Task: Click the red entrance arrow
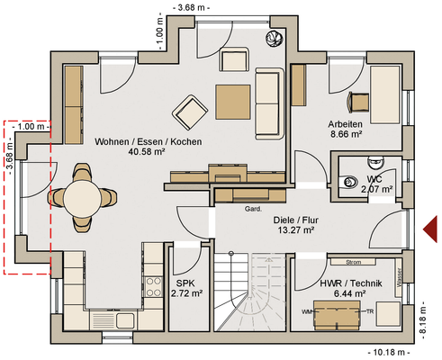pyautogui.click(x=430, y=229)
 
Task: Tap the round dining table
pyautogui.click(x=82, y=198)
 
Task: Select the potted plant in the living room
pyautogui.click(x=274, y=38)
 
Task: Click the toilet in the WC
pyautogui.click(x=349, y=182)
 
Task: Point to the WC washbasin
pyautogui.click(x=375, y=162)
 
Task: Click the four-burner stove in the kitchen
pyautogui.click(x=153, y=287)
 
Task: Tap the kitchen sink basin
pyautogui.click(x=125, y=320)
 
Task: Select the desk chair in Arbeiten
pyautogui.click(x=358, y=103)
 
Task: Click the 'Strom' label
pyautogui.click(x=353, y=262)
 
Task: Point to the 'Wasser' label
pyautogui.click(x=399, y=277)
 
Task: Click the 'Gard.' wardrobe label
pyautogui.click(x=253, y=209)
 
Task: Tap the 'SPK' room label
pyautogui.click(x=185, y=283)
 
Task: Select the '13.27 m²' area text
pyautogui.click(x=295, y=230)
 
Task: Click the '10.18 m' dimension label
pyautogui.click(x=389, y=352)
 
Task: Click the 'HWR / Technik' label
pyautogui.click(x=351, y=283)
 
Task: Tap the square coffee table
pyautogui.click(x=232, y=102)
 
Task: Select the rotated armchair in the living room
pyautogui.click(x=190, y=112)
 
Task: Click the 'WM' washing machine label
pyautogui.click(x=306, y=312)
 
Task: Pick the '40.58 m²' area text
pyautogui.click(x=147, y=152)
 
